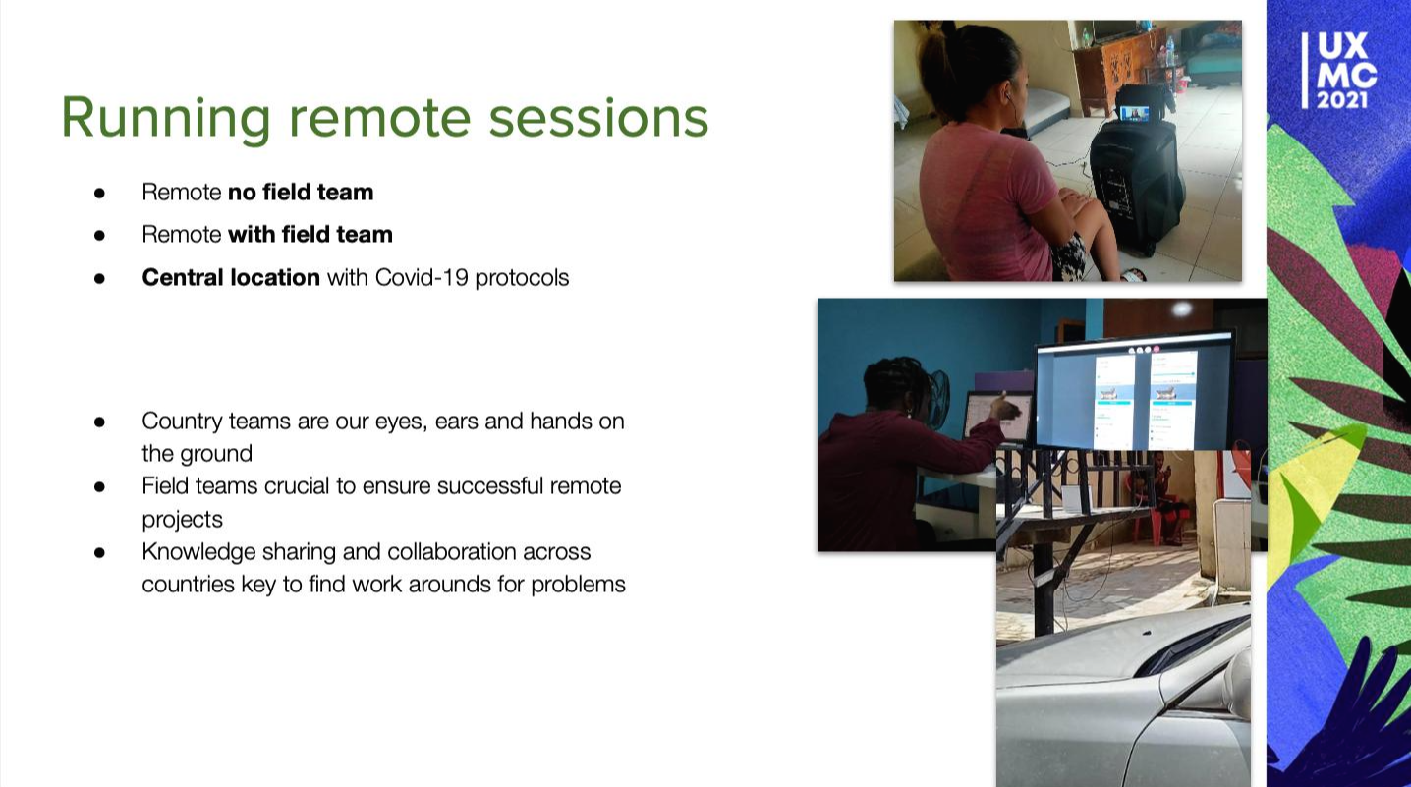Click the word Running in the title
[166, 119]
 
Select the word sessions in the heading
[598, 119]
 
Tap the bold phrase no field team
[301, 192]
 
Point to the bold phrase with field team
[310, 235]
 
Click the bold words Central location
[231, 277]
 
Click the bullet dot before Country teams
[99, 422]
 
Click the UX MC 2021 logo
[1339, 71]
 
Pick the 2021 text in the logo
[1342, 100]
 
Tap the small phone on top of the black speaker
[1134, 113]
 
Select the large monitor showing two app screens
[1135, 393]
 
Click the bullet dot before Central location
[99, 278]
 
